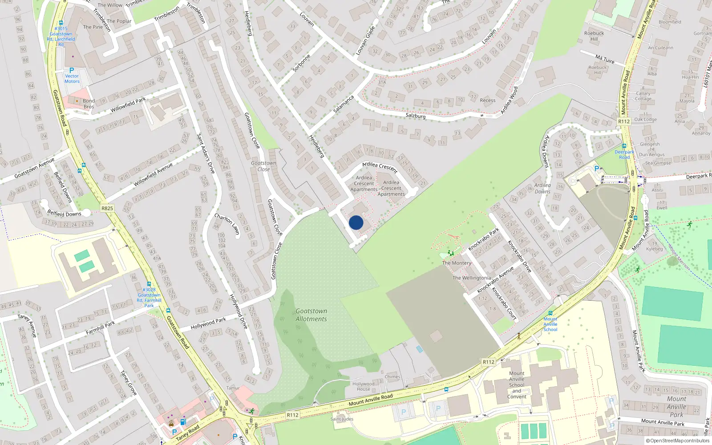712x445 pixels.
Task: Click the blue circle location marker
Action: coord(356,222)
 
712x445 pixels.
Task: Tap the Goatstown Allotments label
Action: coord(311,315)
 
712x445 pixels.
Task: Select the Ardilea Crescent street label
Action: coord(380,167)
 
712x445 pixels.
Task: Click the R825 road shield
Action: coord(107,208)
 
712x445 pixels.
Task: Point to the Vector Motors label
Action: coord(72,79)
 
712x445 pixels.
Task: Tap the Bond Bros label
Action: coord(89,104)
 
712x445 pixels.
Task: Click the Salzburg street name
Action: coord(416,116)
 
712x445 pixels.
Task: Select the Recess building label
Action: coord(488,100)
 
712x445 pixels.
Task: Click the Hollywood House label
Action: coord(363,386)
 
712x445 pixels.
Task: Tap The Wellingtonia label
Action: coord(472,278)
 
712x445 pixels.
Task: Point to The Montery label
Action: coord(457,263)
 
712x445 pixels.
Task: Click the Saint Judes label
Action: coord(342,419)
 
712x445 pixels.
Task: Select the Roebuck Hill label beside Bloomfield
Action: coord(594,36)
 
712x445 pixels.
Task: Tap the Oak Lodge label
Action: coord(645,119)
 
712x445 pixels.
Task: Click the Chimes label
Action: coord(392,376)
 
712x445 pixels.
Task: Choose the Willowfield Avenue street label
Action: coord(153,174)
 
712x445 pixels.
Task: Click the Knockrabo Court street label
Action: coord(504,304)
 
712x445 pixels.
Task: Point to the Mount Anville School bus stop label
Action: coord(550,324)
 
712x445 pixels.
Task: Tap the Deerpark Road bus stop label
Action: coord(624,154)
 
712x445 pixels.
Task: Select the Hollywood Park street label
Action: coord(208,324)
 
